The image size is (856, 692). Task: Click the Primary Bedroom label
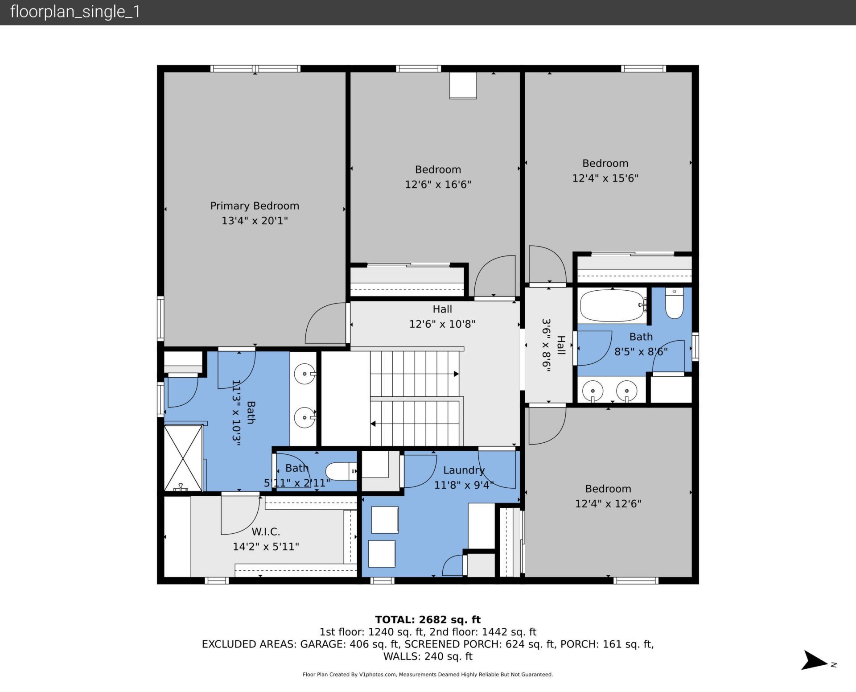click(x=255, y=206)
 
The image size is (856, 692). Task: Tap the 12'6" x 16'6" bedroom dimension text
click(x=438, y=185)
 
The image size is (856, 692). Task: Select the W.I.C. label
click(x=266, y=531)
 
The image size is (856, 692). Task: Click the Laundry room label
click(x=464, y=470)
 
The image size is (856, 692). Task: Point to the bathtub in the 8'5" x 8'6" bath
click(x=613, y=306)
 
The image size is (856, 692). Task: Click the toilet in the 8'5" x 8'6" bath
click(x=674, y=304)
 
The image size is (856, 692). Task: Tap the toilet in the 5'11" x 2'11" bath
click(x=342, y=471)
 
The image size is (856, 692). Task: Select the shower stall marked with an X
click(x=183, y=458)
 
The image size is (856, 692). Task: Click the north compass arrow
click(x=815, y=660)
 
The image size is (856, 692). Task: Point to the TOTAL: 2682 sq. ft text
click(x=428, y=619)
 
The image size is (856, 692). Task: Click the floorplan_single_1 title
click(x=75, y=12)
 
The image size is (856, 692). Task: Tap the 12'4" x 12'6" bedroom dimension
click(x=608, y=504)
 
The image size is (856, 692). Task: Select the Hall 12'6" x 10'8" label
click(x=442, y=316)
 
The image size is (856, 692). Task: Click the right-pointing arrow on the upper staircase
click(x=456, y=374)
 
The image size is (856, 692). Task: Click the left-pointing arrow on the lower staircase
click(x=373, y=424)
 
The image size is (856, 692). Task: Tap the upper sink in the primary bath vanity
click(x=305, y=374)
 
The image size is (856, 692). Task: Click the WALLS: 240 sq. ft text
click(x=428, y=656)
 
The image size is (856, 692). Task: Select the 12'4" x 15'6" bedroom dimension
click(x=605, y=178)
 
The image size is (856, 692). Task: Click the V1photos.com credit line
click(x=428, y=675)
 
